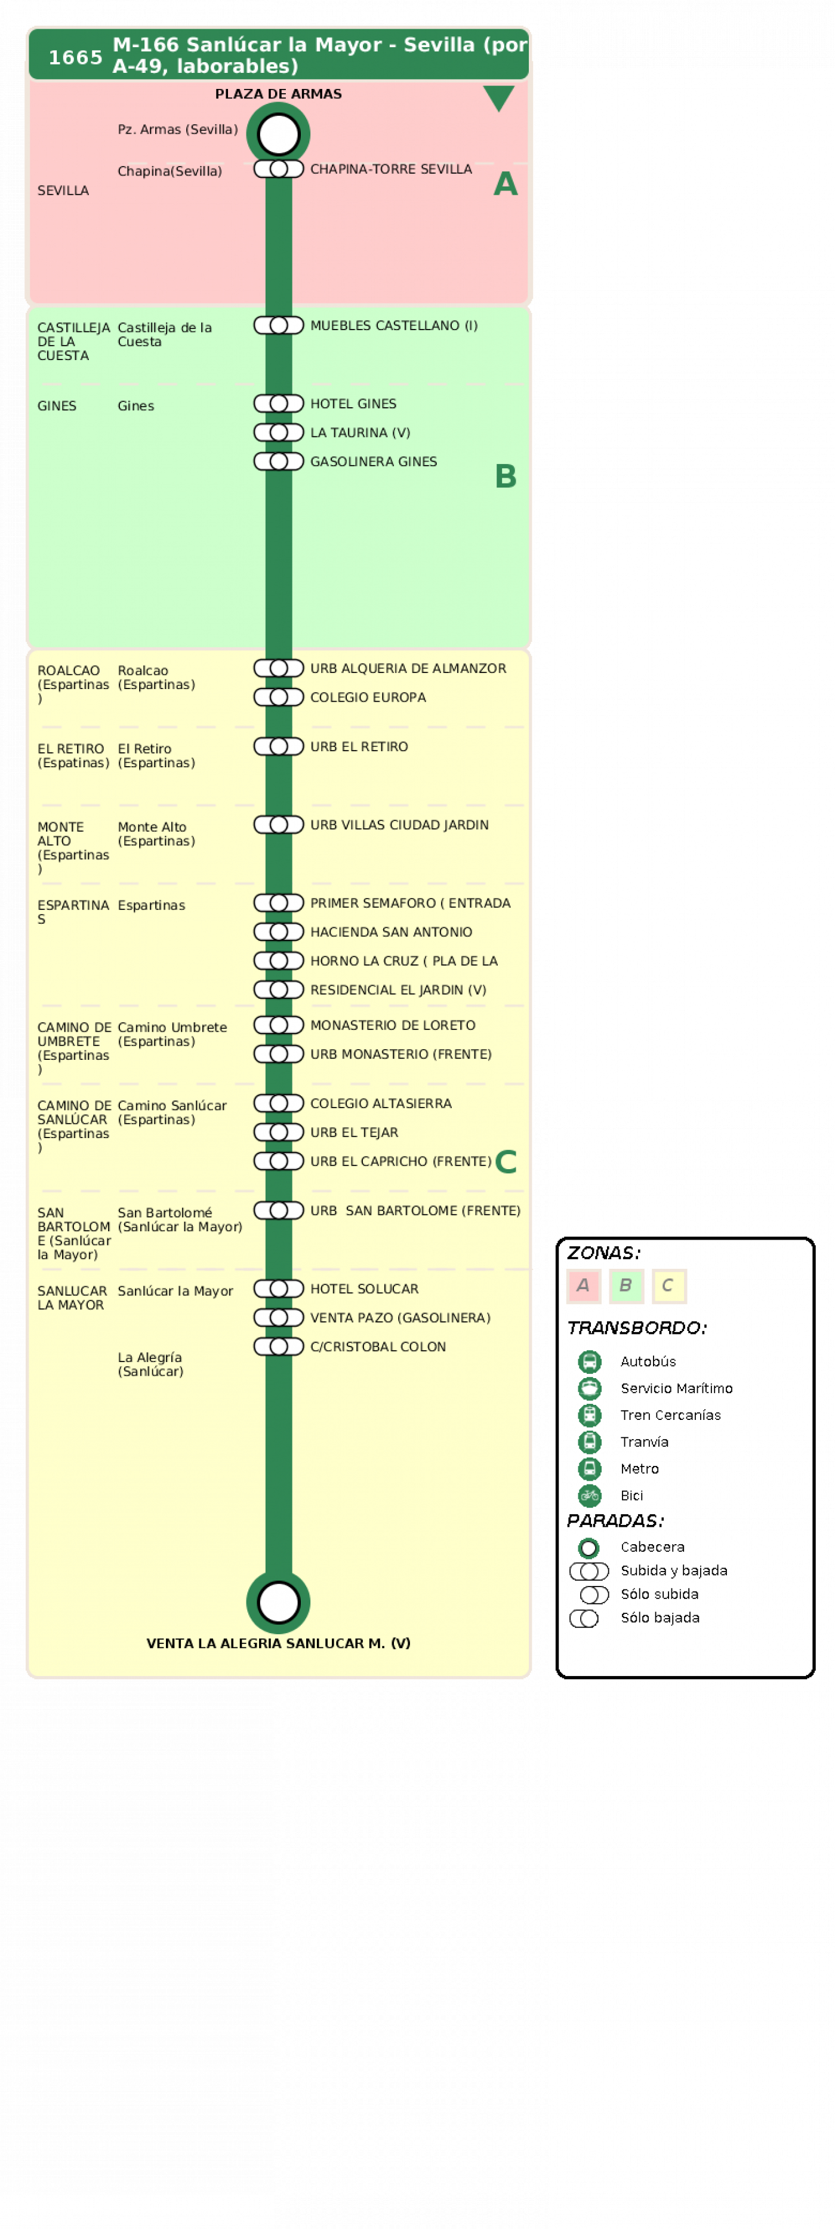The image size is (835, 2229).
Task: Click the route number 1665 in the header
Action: pos(75,57)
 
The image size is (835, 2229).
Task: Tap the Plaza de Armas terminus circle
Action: pos(279,134)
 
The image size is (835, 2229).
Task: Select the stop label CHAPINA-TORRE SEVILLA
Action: pos(391,169)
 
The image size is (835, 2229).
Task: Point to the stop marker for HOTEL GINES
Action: pos(279,403)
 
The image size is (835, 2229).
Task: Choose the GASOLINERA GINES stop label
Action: pos(374,461)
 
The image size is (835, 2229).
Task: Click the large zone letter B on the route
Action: pos(506,476)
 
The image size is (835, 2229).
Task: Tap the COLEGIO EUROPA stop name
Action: pos(368,697)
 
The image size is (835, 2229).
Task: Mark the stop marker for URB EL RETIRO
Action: pos(279,746)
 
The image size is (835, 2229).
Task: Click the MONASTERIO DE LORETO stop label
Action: pos(393,1025)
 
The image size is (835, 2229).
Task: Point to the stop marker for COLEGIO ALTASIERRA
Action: pos(279,1103)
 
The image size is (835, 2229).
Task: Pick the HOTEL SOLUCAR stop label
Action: pos(364,1289)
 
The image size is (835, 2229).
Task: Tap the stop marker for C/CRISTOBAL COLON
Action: pos(279,1346)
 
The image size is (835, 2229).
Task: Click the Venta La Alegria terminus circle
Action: pos(279,1601)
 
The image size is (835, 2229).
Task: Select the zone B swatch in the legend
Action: pos(626,1286)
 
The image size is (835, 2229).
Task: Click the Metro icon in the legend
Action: pos(589,1468)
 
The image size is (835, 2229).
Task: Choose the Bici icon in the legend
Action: pos(589,1495)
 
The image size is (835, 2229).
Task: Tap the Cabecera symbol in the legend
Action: pos(588,1547)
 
